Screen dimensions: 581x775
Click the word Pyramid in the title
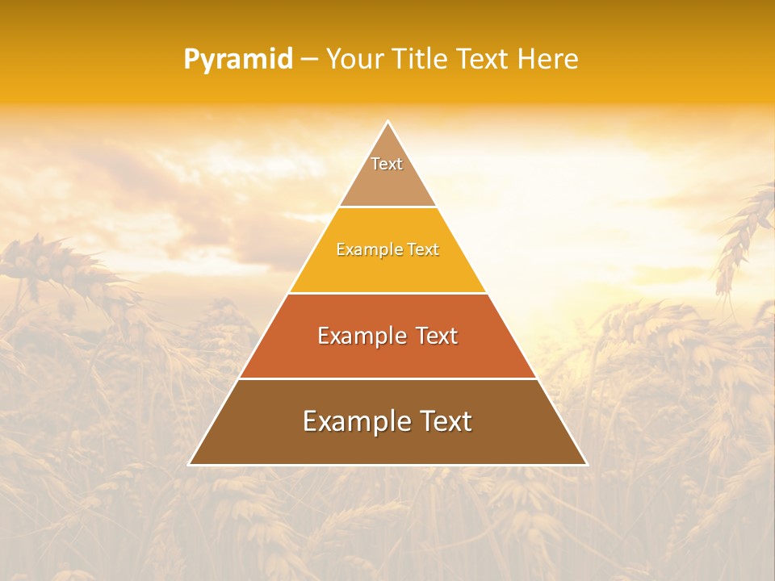coord(238,60)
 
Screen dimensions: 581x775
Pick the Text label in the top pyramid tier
coord(387,164)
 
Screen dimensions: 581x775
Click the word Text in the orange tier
coord(437,336)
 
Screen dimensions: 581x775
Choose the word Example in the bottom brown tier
coord(353,421)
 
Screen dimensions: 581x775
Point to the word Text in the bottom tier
coord(442,421)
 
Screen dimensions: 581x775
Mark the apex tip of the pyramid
coord(387,122)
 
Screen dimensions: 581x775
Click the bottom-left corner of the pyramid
coord(190,464)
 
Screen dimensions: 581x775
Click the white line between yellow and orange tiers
coord(387,293)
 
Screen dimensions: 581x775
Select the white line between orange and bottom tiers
coord(387,378)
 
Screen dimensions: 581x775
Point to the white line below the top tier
coord(387,207)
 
